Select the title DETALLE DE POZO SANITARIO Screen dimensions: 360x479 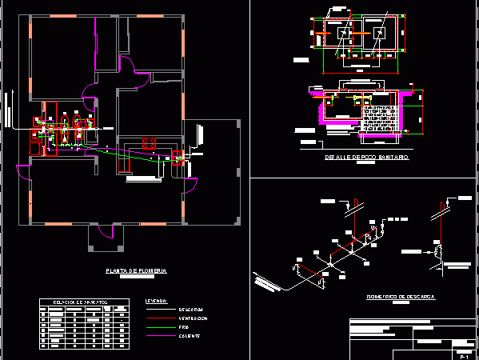(x=367, y=158)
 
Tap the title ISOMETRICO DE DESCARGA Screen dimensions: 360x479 (x=400, y=296)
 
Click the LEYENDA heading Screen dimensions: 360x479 (x=157, y=302)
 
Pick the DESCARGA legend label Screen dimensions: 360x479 (x=191, y=310)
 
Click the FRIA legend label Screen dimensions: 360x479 (x=185, y=327)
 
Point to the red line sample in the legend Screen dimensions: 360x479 (x=159, y=310)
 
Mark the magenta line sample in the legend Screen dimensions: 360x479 (x=159, y=318)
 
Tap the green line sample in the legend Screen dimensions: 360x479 (x=159, y=327)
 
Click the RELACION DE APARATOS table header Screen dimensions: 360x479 (x=80, y=302)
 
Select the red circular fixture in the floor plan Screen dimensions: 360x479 (x=148, y=143)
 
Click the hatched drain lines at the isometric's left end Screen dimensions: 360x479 (x=266, y=280)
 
